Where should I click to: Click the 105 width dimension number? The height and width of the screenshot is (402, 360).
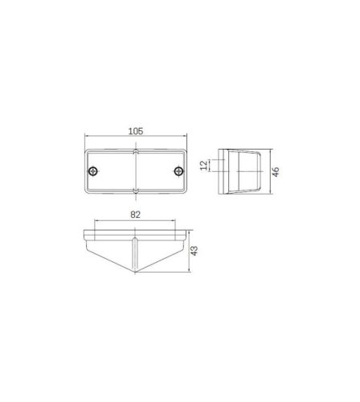(x=136, y=131)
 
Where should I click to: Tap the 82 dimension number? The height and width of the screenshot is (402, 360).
(x=135, y=215)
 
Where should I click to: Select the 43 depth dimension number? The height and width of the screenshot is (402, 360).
(x=194, y=251)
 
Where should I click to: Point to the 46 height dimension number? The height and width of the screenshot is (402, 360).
(x=276, y=171)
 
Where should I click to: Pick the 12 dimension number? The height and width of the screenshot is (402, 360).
(x=204, y=165)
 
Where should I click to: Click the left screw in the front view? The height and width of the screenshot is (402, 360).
(x=93, y=170)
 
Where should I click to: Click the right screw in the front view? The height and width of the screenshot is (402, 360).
(x=178, y=170)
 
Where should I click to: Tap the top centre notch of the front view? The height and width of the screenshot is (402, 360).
(x=136, y=151)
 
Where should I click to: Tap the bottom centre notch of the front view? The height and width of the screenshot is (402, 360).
(x=136, y=191)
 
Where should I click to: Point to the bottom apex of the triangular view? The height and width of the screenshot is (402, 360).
(x=136, y=273)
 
